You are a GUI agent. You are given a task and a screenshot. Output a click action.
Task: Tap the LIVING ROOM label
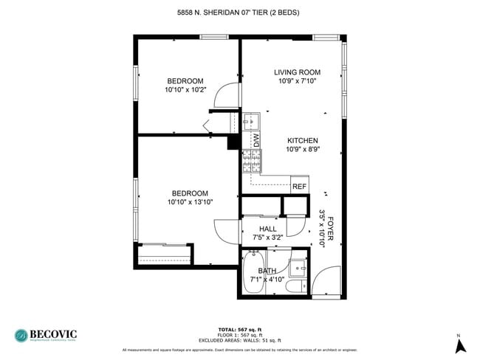(297, 72)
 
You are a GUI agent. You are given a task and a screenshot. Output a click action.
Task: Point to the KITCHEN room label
(302, 140)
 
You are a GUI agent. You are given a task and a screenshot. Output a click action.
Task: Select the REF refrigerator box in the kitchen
(299, 187)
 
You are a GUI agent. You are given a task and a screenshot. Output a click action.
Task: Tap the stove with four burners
(247, 161)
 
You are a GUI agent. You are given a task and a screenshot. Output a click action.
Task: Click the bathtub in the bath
(254, 273)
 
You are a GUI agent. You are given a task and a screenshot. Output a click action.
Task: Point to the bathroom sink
(299, 267)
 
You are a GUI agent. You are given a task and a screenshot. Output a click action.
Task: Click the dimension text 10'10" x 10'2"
(185, 90)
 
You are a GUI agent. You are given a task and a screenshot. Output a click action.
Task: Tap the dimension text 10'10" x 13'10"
(190, 202)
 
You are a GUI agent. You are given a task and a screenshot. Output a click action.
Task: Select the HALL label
(267, 229)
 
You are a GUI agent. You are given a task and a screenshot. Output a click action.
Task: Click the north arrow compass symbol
(459, 344)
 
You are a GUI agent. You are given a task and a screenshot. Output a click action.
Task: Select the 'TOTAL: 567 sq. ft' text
(240, 329)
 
